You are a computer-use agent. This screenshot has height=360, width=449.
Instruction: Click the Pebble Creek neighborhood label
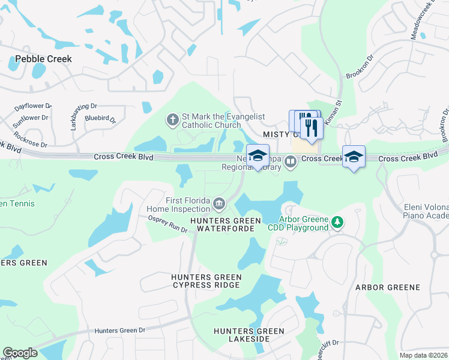tap(43, 59)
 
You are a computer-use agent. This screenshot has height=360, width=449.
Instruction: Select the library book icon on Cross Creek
tap(291, 161)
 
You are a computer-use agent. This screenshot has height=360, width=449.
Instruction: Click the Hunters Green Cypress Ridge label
tap(206, 281)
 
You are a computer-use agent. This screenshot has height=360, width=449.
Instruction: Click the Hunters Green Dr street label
tap(120, 331)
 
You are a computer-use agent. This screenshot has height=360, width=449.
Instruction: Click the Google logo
tap(20, 353)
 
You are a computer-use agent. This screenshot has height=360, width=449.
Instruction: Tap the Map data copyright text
tap(423, 355)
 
